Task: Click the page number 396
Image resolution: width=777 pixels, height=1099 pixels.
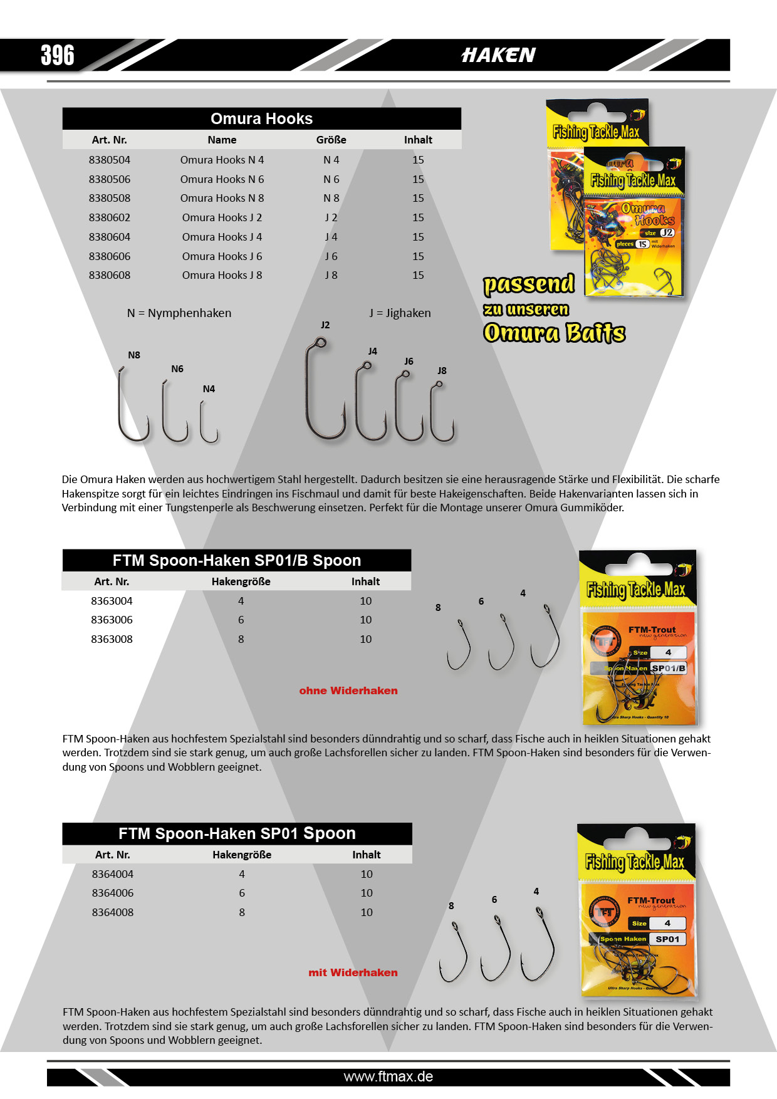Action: point(58,55)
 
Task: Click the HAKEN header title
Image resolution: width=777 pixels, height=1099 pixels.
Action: point(498,55)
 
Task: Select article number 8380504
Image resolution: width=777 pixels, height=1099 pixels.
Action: point(110,160)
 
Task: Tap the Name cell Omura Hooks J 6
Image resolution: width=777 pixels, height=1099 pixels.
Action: point(222,256)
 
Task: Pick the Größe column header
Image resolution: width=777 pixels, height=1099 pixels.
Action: point(331,140)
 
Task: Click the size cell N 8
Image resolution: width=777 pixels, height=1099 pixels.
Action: point(331,198)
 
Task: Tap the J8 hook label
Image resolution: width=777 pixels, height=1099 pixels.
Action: point(442,370)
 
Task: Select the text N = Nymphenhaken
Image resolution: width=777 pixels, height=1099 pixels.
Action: point(179,313)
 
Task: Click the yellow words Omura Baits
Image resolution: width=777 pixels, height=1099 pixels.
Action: point(554,333)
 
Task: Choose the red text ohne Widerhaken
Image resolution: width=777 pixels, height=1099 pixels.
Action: point(348,690)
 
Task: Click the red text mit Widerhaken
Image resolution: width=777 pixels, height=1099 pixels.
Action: point(353,972)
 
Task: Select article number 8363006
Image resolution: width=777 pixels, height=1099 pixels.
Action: point(112,620)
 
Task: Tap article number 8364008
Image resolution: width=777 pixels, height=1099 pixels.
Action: point(113,912)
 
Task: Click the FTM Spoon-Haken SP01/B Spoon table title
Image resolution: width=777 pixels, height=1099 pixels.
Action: point(237,560)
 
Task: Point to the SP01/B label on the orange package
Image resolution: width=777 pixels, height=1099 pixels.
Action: point(668,668)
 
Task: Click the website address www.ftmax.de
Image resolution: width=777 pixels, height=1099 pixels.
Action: point(388,1076)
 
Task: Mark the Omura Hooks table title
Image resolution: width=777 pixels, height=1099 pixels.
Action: point(261,118)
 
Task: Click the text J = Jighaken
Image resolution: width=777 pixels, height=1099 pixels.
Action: point(400,313)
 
